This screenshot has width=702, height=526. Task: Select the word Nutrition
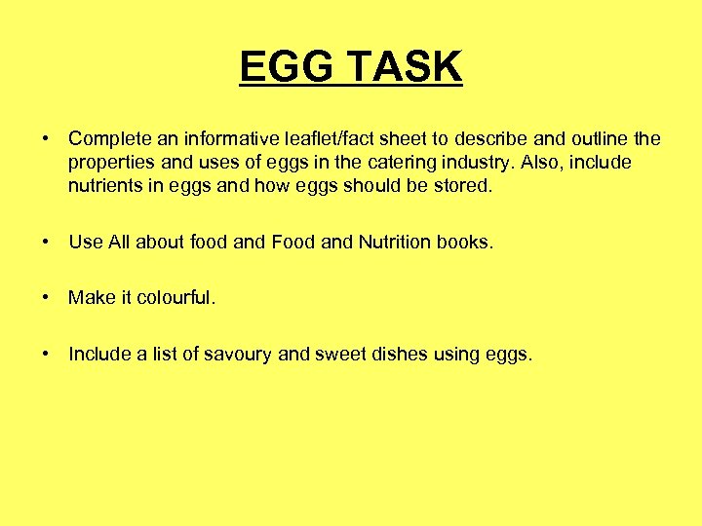(402, 243)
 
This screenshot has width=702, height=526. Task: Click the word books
(468, 243)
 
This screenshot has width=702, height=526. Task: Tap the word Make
(92, 298)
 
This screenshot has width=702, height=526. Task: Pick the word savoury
(238, 355)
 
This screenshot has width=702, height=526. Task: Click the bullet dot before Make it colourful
(46, 298)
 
